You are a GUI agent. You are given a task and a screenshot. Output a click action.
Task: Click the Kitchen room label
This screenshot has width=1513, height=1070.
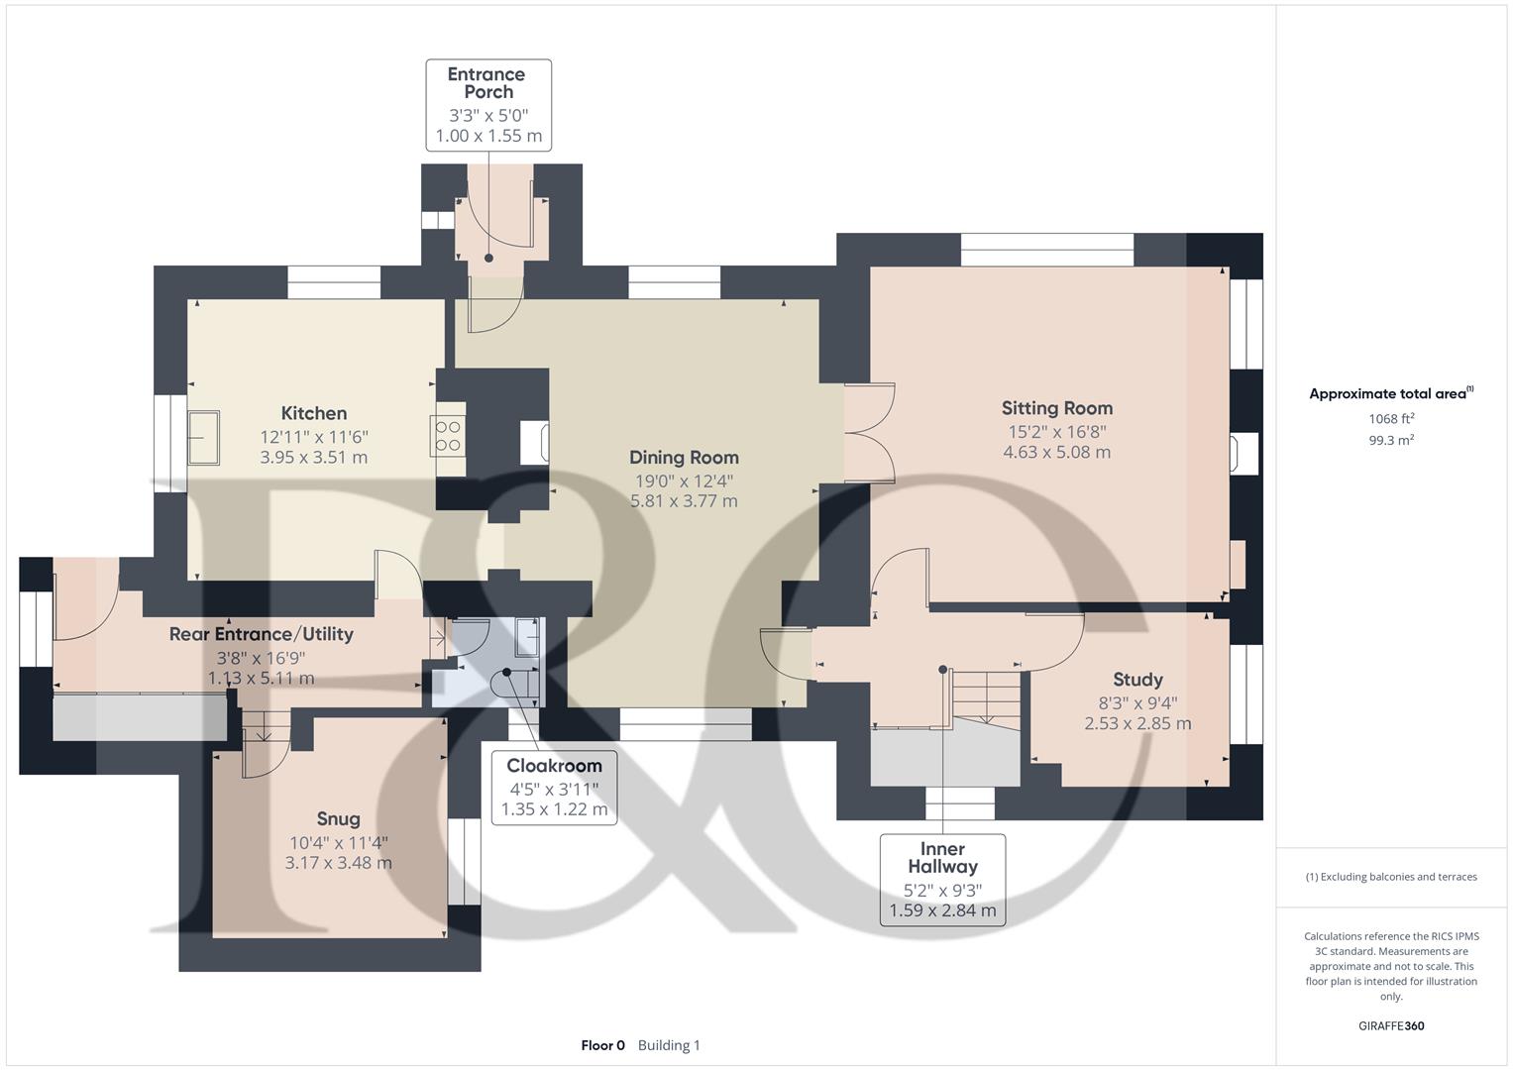coord(313,413)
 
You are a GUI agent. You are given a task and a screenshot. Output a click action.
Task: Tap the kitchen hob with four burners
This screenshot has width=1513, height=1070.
coord(448,435)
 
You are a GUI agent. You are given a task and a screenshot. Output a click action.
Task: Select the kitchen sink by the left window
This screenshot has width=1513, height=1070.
coord(204,436)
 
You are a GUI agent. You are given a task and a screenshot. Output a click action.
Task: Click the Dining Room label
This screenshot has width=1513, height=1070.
coord(684,457)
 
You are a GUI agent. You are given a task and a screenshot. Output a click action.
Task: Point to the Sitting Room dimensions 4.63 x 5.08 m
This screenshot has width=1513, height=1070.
coord(1056,452)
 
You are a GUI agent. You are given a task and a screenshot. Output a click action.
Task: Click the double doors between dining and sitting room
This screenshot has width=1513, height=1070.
coord(869,433)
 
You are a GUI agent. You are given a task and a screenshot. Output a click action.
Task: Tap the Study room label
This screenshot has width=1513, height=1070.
coord(1137,680)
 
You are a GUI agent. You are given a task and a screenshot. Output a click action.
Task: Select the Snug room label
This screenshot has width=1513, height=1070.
coord(338,818)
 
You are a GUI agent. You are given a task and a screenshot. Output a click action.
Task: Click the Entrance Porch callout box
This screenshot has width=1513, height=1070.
coord(488,105)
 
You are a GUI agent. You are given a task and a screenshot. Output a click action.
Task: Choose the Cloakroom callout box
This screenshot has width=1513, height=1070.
coord(554,788)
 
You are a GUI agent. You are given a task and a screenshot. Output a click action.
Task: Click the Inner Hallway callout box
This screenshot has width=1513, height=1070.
coord(942,880)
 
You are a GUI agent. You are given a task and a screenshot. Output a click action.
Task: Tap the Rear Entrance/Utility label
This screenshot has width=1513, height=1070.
coord(261,634)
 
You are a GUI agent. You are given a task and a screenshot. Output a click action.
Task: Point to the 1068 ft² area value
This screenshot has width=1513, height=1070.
coord(1391,419)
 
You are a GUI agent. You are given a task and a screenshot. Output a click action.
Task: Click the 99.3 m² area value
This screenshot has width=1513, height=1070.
coord(1391,441)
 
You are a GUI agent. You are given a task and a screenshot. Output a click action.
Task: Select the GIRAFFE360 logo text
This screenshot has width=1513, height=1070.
coord(1391,1025)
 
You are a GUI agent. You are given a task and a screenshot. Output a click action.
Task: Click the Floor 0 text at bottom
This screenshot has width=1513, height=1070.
coord(602,1045)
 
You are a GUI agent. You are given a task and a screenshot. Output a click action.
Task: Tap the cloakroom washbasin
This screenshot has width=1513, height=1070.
coord(527,638)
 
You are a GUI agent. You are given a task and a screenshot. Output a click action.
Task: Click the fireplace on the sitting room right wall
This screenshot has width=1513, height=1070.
coord(1243,452)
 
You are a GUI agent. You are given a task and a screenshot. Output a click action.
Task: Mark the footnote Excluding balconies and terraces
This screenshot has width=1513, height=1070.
coord(1391,877)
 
